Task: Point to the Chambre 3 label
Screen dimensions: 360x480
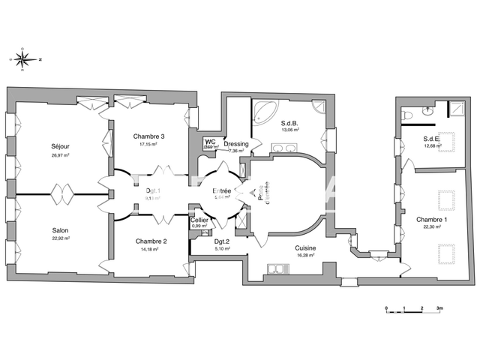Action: click(x=148, y=136)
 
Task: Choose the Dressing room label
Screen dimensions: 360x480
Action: click(x=236, y=143)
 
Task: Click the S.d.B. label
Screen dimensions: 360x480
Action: click(x=290, y=123)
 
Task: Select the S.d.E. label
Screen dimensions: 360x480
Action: click(x=431, y=138)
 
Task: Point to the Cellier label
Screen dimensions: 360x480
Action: click(x=199, y=219)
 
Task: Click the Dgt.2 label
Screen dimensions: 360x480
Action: click(x=221, y=241)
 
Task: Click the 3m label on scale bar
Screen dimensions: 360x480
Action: click(x=440, y=308)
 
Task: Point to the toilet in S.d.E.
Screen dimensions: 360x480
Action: click(x=409, y=115)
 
